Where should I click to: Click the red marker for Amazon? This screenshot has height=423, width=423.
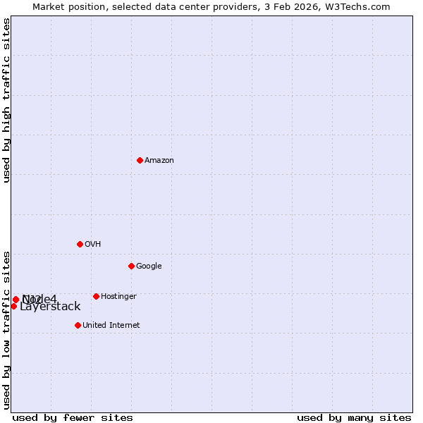tap(140, 160)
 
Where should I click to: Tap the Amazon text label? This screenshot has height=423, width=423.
tap(159, 161)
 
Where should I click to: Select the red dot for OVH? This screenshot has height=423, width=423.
tap(80, 244)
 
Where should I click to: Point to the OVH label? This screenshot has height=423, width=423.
tap(93, 245)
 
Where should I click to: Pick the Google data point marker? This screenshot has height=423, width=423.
tap(131, 266)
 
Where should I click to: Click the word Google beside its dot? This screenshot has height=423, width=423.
tap(149, 266)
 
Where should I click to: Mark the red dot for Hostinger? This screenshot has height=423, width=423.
tap(96, 296)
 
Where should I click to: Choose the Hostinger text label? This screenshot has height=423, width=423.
tap(118, 297)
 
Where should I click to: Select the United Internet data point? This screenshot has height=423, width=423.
tap(78, 325)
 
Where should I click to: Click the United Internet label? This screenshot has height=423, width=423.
tap(111, 326)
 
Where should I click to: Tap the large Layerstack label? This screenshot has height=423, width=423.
tap(50, 307)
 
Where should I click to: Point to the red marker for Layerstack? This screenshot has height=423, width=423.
tap(13, 306)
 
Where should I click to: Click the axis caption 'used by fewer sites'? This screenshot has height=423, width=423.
tap(73, 418)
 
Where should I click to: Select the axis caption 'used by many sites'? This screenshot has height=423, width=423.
tap(354, 418)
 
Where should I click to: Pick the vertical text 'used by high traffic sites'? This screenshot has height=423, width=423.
tap(7, 100)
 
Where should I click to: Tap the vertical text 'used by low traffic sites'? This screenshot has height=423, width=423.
tap(7, 329)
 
